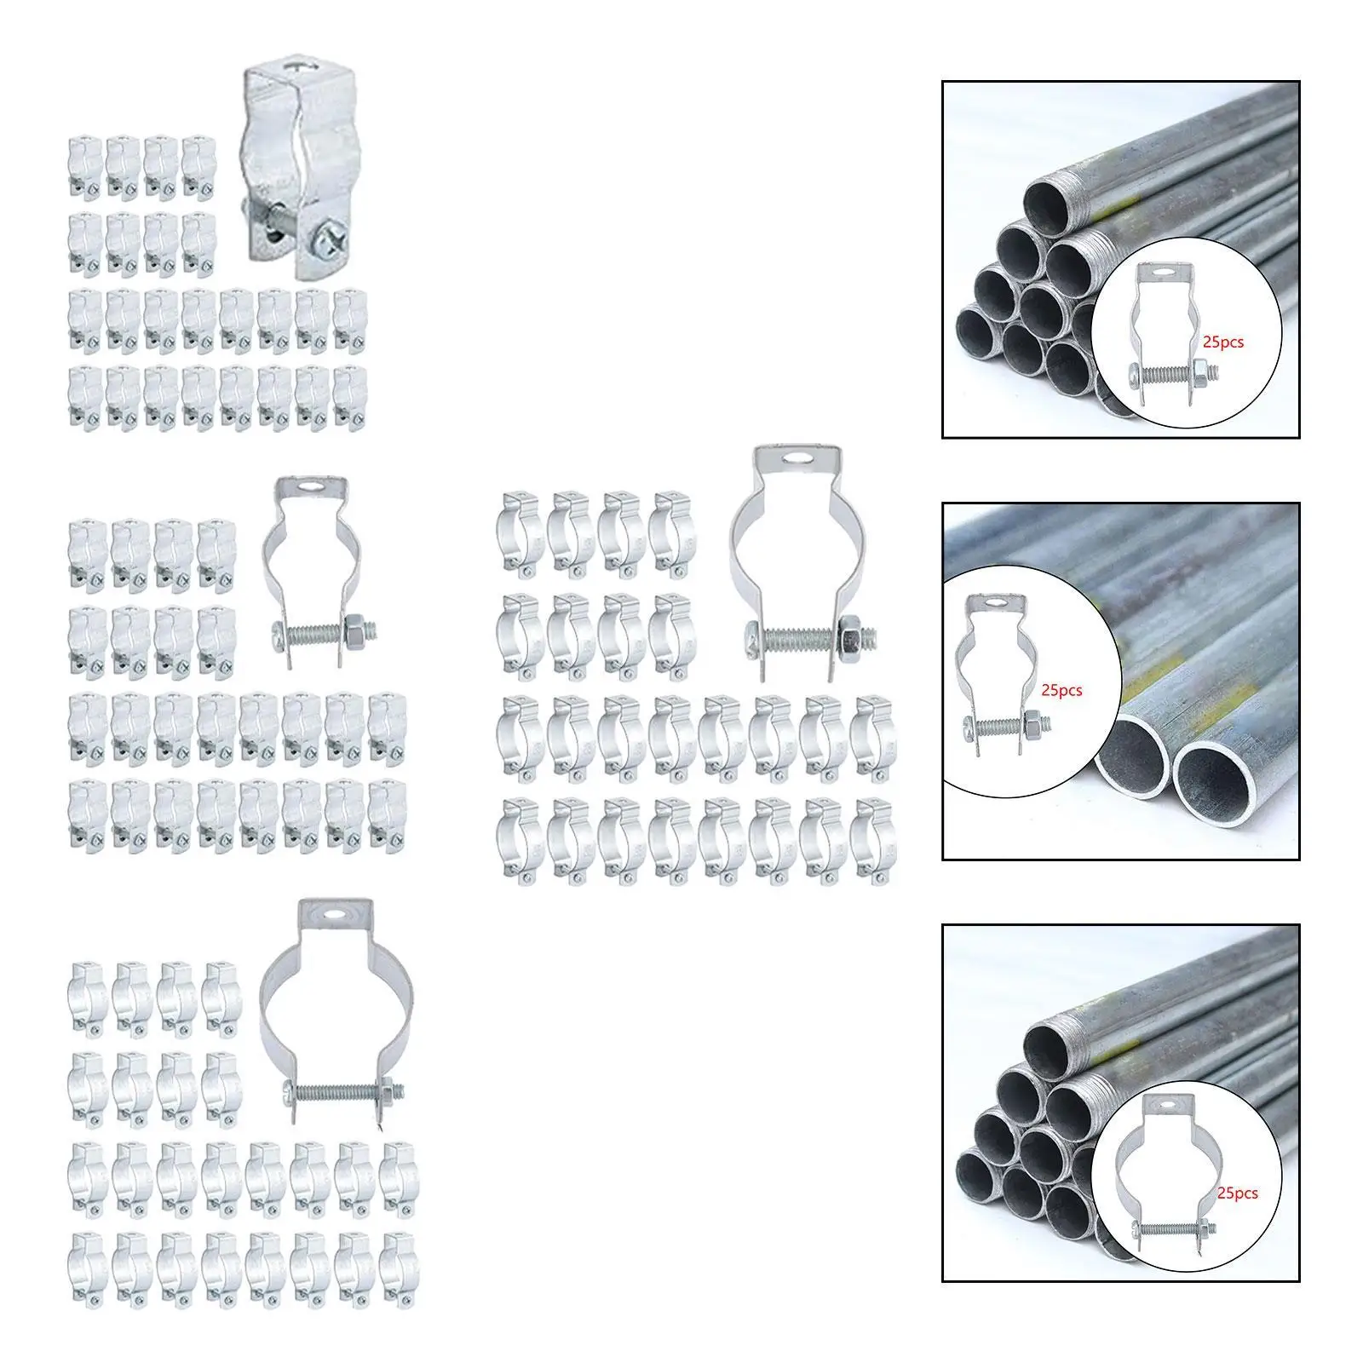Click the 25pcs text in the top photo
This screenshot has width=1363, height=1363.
point(1223,342)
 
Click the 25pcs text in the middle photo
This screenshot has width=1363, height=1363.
point(1061,690)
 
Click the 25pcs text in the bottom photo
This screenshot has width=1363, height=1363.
point(1237,1193)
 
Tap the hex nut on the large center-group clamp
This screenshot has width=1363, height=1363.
point(854,635)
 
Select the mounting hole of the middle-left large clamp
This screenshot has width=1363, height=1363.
point(313,490)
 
